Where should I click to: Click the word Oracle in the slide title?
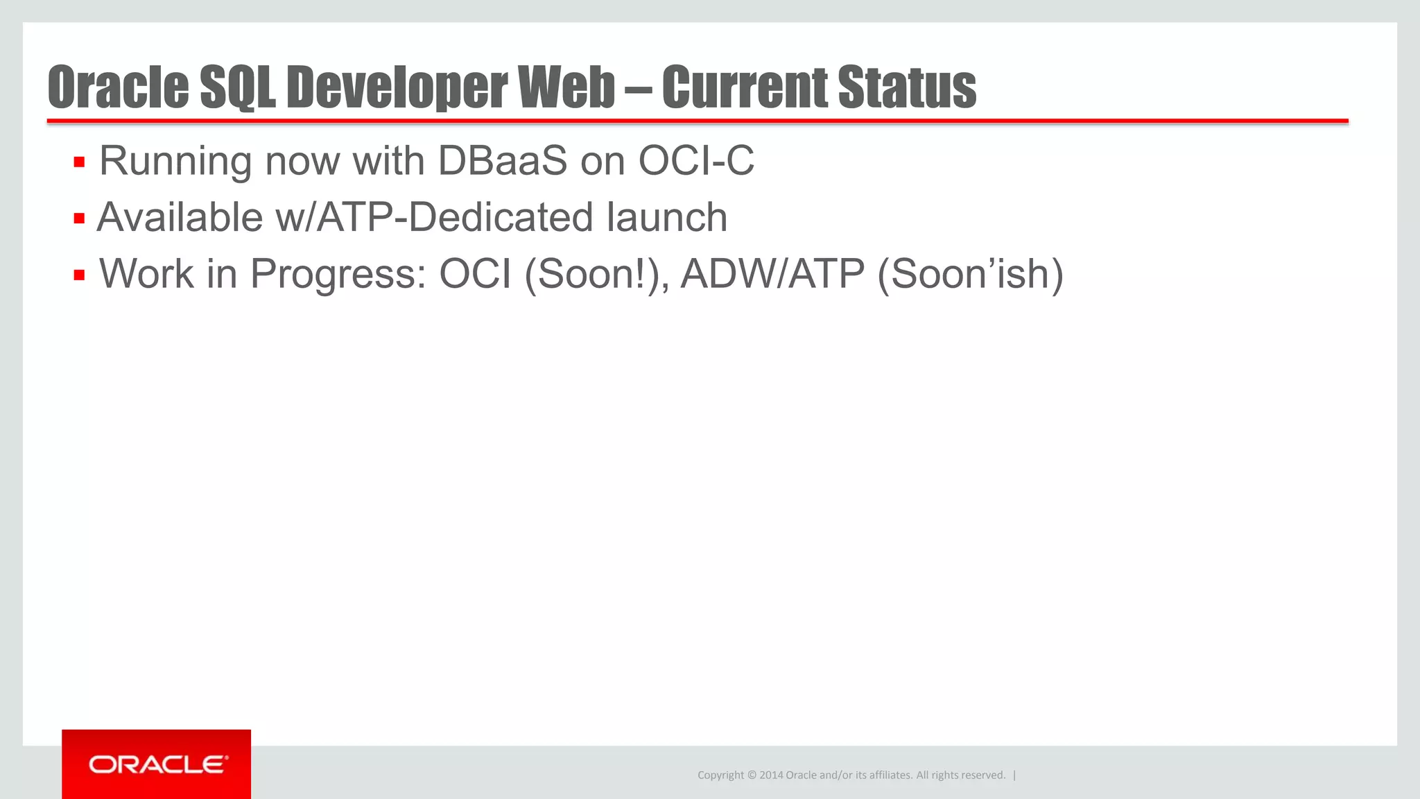coord(118,87)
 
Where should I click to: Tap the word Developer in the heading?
coord(397,87)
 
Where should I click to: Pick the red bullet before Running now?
coord(79,163)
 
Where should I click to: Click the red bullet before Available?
coord(79,219)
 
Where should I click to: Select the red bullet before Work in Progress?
coord(79,275)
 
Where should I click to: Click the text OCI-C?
coord(695,161)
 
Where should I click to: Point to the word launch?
coord(666,217)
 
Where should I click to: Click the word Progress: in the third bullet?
coord(338,274)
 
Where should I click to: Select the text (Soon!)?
coord(597,274)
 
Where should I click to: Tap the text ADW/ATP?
coord(772,274)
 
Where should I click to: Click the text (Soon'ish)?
coord(970,274)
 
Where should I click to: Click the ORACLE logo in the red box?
coord(157,764)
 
